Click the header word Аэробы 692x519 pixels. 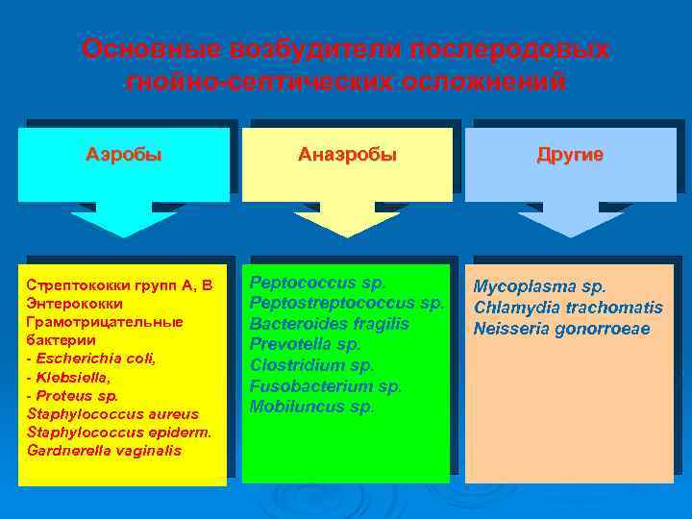pyautogui.click(x=124, y=155)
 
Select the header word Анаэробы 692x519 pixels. pyautogui.click(x=348, y=155)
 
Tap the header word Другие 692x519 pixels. pyautogui.click(x=570, y=155)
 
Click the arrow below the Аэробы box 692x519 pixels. pyautogui.click(x=124, y=220)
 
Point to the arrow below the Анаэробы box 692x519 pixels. pyautogui.click(x=347, y=220)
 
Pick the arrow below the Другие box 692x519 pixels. pyautogui.click(x=571, y=220)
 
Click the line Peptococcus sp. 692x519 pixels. pyautogui.click(x=317, y=283)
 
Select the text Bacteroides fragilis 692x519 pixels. pyautogui.click(x=329, y=324)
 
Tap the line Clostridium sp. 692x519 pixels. pyautogui.click(x=311, y=365)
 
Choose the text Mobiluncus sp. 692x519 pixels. pyautogui.click(x=311, y=407)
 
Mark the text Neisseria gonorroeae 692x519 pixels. pyautogui.click(x=561, y=330)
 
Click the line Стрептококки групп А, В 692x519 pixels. pyautogui.click(x=119, y=285)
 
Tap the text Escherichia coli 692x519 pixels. pyautogui.click(x=95, y=358)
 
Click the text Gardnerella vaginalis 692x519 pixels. pyautogui.click(x=104, y=450)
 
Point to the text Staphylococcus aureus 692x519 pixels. pyautogui.click(x=112, y=413)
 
